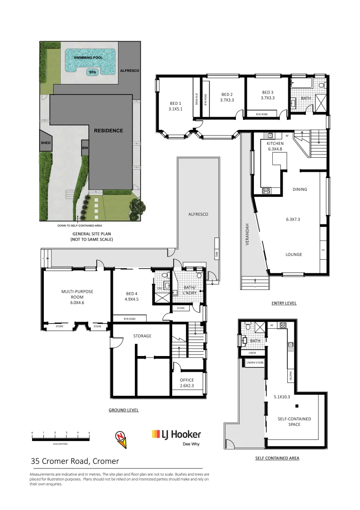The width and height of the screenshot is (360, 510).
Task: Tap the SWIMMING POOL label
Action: [88, 58]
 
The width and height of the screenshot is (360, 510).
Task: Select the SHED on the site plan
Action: [46, 143]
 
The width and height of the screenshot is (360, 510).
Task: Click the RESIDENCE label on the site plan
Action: [108, 131]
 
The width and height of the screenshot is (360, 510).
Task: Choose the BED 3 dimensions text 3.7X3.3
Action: [267, 98]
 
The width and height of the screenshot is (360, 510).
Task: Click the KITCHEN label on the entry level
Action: [275, 143]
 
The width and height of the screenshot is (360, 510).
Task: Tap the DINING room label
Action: [300, 189]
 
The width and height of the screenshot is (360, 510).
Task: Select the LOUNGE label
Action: [293, 255]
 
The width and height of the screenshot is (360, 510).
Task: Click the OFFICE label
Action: [187, 380]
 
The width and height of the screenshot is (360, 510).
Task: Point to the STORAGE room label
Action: [142, 336]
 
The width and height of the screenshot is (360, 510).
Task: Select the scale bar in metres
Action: [60, 438]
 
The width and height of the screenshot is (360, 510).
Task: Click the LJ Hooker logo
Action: [176, 435]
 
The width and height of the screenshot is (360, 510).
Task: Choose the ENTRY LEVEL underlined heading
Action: [284, 303]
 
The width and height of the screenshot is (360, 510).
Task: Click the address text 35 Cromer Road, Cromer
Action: [75, 461]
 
